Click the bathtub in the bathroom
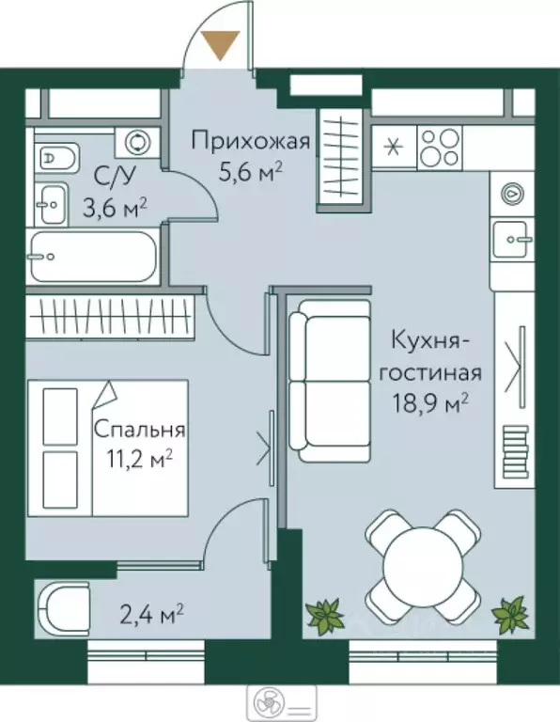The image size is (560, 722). [90, 256]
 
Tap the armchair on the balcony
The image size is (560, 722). [64, 608]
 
